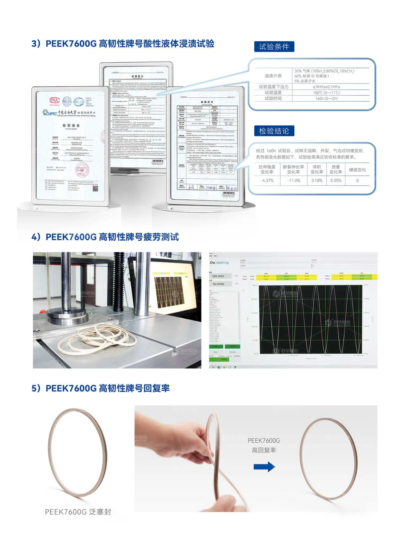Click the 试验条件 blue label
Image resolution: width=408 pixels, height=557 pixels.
(274, 47)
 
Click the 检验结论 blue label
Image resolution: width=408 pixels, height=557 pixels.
(274, 131)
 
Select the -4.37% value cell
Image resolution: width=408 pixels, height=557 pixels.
(267, 181)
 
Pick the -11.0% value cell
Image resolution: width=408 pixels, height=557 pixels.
(293, 181)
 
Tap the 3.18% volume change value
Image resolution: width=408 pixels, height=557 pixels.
(317, 181)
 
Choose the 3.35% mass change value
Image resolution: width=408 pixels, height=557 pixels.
(335, 181)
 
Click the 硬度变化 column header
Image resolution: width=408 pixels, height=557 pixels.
(357, 170)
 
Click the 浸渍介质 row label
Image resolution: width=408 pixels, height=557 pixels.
(273, 76)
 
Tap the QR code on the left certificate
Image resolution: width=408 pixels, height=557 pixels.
(95, 188)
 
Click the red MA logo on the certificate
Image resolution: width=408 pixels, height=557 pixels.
(55, 100)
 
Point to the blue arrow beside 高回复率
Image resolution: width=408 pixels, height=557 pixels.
(264, 467)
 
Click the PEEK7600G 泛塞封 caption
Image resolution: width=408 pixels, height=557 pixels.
(78, 512)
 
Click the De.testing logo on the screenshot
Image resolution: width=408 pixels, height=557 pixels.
(219, 262)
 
